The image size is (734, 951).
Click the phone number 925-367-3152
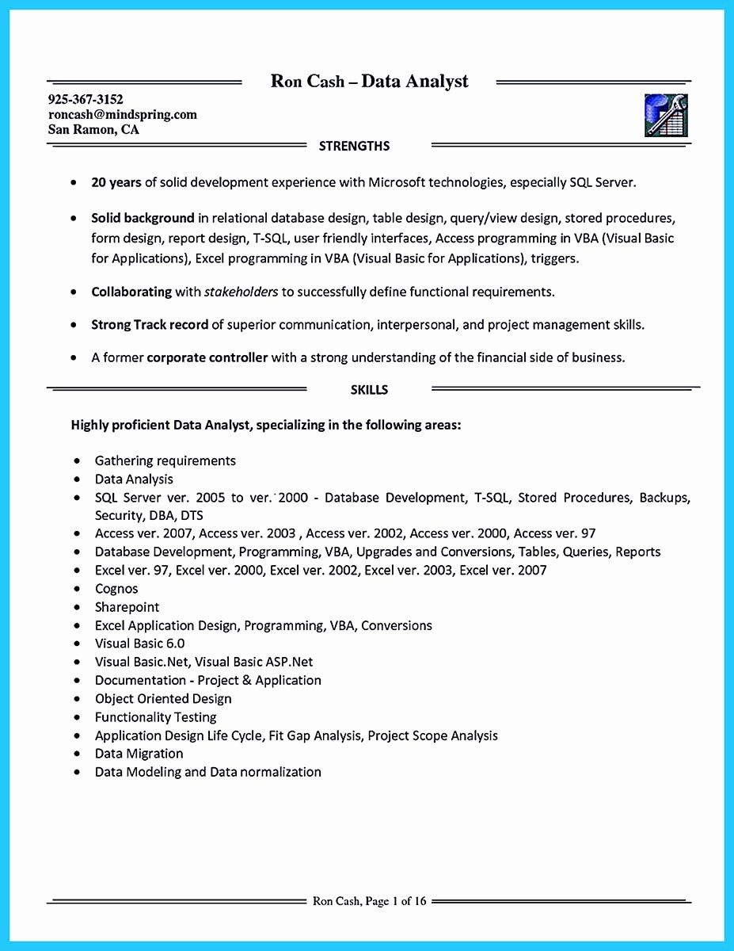[86, 100]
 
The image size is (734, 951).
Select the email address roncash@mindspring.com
[123, 115]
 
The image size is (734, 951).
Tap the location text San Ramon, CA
[93, 130]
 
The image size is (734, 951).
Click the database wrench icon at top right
[666, 116]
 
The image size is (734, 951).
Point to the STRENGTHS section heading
[354, 146]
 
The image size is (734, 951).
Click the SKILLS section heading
[369, 389]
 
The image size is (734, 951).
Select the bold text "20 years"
[116, 182]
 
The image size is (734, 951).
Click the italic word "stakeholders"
[241, 292]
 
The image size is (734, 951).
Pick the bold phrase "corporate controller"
[207, 357]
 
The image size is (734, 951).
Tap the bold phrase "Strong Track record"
[150, 325]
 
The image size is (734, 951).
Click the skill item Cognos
[116, 589]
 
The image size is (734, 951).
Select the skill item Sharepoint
[127, 607]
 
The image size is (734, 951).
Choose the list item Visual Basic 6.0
[139, 644]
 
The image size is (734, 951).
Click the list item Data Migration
[139, 754]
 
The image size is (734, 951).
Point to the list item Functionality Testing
[155, 717]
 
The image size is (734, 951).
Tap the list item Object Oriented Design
[163, 699]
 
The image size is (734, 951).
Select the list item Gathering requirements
[165, 460]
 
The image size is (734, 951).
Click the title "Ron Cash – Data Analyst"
[370, 81]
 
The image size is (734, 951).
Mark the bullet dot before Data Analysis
[78, 479]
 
